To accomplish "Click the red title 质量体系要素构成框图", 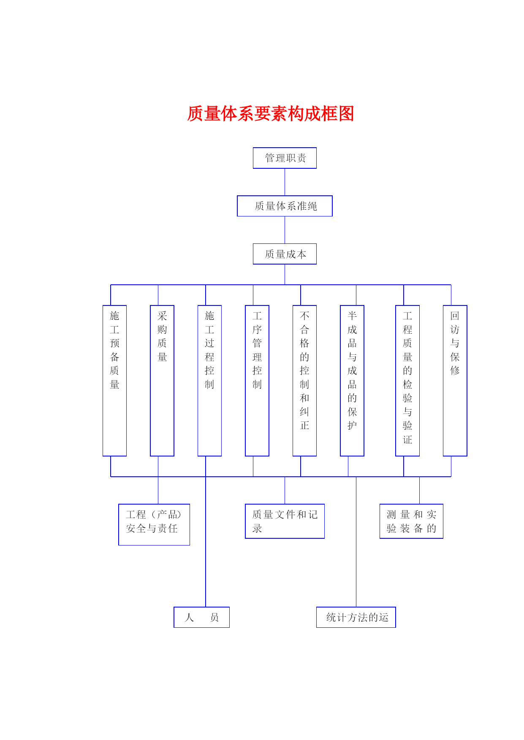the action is pyautogui.click(x=270, y=114).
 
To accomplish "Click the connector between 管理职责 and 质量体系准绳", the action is pyautogui.click(x=285, y=182).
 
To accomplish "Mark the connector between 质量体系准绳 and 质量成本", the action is pyautogui.click(x=285, y=230).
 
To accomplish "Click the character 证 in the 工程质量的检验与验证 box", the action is pyautogui.click(x=407, y=439).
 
